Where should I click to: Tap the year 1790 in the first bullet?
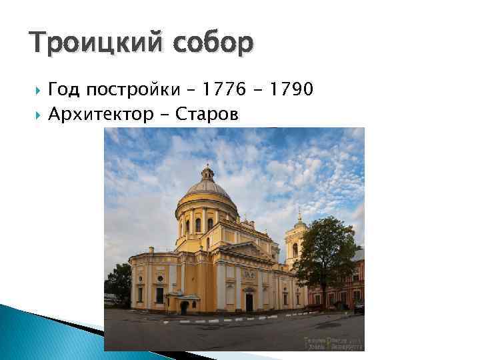pos(287,90)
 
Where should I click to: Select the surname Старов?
pos(207,115)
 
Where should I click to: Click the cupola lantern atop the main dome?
pos(207,173)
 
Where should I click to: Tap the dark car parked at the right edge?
pos(359,307)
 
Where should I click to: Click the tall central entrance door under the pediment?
pos(248,301)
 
